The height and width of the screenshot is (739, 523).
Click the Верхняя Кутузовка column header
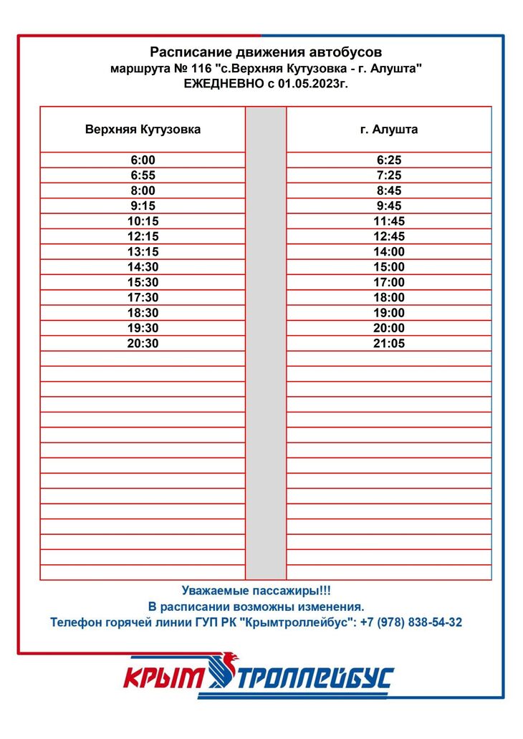143,130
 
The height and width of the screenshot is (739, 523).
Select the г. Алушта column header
389,130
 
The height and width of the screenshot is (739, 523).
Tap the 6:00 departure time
143,160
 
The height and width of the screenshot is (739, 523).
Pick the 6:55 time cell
143,175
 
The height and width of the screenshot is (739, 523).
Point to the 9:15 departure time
143,206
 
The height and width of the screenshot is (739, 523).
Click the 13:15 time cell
143,251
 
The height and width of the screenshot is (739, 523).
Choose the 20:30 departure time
143,343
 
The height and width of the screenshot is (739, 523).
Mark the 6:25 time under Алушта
389,160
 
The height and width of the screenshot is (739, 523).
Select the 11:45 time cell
389,221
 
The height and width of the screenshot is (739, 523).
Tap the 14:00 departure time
389,251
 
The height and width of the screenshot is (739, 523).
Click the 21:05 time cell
389,343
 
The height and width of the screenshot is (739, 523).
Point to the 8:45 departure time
389,190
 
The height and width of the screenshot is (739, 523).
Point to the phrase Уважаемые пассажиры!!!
256,591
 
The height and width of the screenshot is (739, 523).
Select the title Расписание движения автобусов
266,52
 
